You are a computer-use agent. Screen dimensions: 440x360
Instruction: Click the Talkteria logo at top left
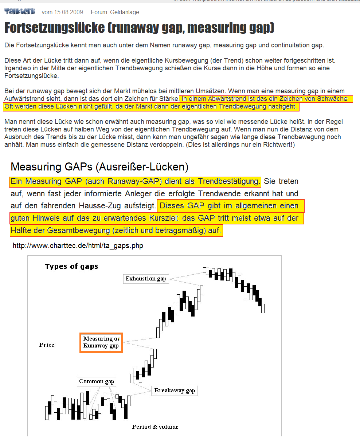20,12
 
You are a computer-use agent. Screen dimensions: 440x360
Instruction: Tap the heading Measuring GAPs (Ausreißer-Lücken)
99,167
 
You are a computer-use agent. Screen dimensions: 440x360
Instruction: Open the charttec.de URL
78,245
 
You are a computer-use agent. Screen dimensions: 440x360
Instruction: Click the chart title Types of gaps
72,266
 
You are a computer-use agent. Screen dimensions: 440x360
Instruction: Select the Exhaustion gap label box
146,279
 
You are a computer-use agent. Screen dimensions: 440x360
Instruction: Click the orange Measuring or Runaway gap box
101,342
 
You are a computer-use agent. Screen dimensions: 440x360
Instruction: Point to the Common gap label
97,381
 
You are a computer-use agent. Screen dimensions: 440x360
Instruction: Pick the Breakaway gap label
175,390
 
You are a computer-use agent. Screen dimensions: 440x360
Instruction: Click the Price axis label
47,345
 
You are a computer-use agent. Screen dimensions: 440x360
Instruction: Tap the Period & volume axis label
155,427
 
